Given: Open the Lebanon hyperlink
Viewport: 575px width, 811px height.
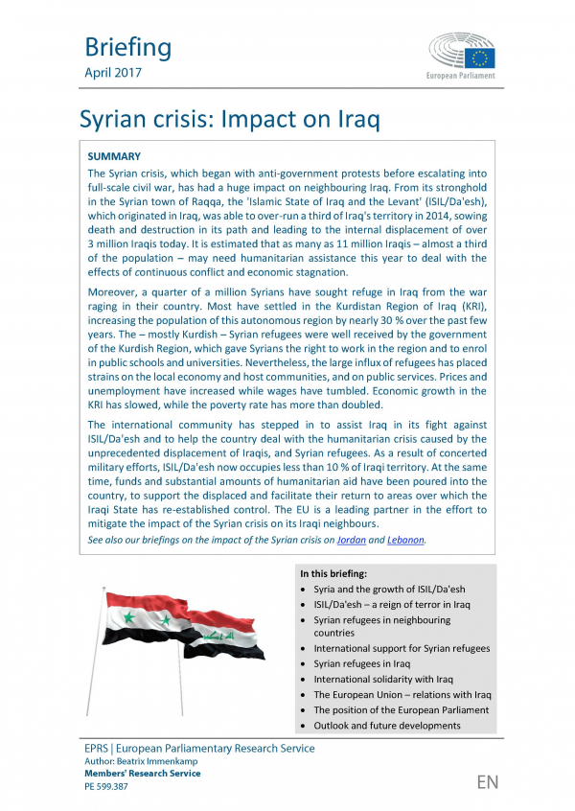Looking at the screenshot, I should [x=404, y=540].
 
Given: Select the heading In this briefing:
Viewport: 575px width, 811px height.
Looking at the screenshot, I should [x=340, y=573].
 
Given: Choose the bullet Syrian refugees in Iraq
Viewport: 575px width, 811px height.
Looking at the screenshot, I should [x=361, y=663].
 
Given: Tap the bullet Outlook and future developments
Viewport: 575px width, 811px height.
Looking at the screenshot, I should [x=386, y=725].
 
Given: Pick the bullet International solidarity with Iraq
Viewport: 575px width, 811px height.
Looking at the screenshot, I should [x=382, y=679].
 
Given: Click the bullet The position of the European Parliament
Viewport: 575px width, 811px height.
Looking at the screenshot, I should [x=401, y=709].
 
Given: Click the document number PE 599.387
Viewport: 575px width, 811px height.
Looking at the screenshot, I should [x=105, y=786].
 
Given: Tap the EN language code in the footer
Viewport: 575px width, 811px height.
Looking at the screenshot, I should [x=487, y=781].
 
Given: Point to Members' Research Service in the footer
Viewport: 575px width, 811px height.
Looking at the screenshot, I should [x=143, y=774].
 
